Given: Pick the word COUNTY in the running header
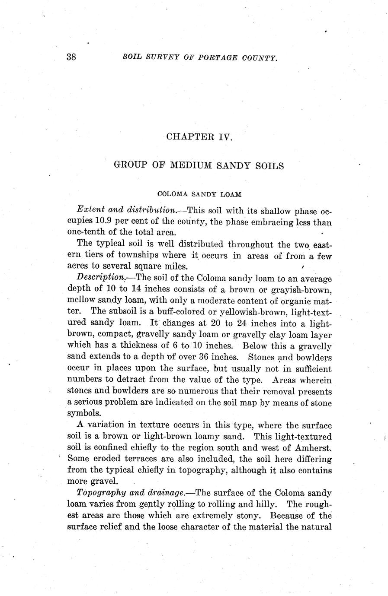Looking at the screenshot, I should click(257, 57).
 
